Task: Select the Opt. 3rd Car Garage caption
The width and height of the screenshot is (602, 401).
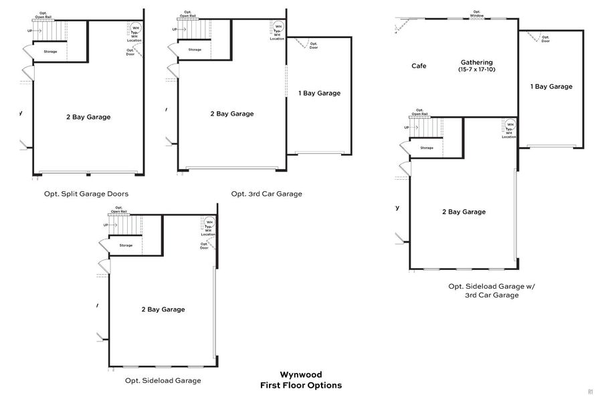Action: pos(266,194)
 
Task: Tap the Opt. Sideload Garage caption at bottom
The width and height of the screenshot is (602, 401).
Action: pos(163,380)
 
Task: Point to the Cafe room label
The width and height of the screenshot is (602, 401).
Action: pos(419,66)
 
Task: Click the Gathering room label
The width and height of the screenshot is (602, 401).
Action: pos(476,62)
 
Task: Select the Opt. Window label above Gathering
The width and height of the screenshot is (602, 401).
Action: pos(477,13)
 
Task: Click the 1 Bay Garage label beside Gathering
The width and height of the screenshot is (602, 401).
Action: pos(551,86)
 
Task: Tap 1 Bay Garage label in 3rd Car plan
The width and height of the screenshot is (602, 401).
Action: pos(319,93)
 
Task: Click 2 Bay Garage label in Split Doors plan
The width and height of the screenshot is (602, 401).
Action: pos(88,117)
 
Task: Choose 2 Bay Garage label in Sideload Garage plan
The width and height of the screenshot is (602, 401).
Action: pos(163,309)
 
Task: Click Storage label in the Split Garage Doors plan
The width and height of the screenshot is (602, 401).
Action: pos(50,51)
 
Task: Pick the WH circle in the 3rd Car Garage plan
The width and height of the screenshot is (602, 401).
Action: pos(278,27)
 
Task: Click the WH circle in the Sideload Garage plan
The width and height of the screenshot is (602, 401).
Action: pos(209,223)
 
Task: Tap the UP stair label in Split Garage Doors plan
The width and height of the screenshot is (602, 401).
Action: pos(29,31)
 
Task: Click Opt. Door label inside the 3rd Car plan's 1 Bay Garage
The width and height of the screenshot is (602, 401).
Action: pos(314,46)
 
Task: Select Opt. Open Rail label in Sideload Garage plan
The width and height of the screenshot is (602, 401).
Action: pos(120,209)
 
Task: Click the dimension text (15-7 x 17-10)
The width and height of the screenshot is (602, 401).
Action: pos(476,70)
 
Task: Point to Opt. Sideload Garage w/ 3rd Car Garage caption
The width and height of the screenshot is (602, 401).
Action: pos(491,290)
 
